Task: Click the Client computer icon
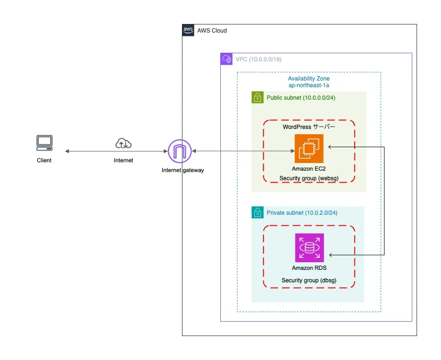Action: (x=45, y=143)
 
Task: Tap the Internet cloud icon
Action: (x=124, y=143)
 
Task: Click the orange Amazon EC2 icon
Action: (x=309, y=149)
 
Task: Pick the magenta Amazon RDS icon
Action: (x=309, y=248)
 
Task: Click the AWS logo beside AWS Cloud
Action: (x=188, y=30)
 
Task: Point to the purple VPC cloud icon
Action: (x=226, y=59)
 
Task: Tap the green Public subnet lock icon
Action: (x=258, y=98)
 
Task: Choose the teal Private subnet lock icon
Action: (x=258, y=212)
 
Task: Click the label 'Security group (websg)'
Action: (x=309, y=178)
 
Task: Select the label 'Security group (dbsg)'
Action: (x=309, y=280)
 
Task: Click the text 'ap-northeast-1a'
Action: (x=308, y=85)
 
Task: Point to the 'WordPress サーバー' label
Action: (x=309, y=127)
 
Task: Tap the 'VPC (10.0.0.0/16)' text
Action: (x=258, y=59)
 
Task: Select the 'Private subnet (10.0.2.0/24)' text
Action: (x=302, y=212)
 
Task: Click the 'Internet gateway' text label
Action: (x=182, y=170)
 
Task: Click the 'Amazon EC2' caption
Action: (x=309, y=169)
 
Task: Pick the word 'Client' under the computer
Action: (x=44, y=160)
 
